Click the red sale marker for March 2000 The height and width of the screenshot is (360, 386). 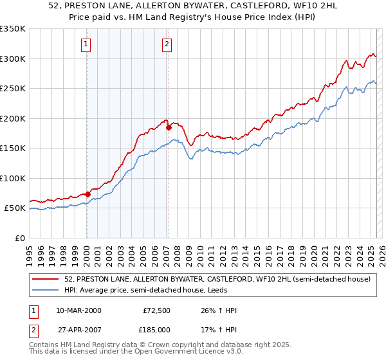pyautogui.click(x=87, y=194)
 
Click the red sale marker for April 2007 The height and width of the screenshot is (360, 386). pyautogui.click(x=169, y=127)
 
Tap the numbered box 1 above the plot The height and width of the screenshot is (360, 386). pyautogui.click(x=86, y=44)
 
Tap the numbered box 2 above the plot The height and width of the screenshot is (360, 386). pyautogui.click(x=167, y=44)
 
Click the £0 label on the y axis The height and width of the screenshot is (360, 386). pyautogui.click(x=19, y=238)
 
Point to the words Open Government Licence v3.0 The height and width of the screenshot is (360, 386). pyautogui.click(x=187, y=352)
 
